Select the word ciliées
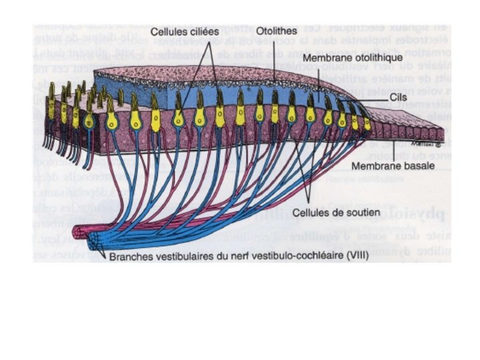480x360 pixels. pyautogui.click(x=204, y=31)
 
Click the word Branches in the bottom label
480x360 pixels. pyautogui.click(x=131, y=253)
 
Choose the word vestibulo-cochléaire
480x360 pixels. pyautogui.click(x=291, y=253)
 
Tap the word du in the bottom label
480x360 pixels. pyautogui.click(x=220, y=253)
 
